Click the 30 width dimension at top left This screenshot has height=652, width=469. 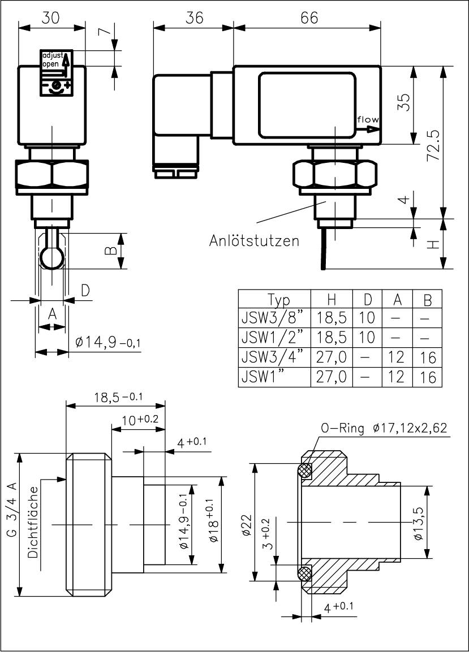pos(51,18)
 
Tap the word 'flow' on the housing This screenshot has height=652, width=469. pos(368,120)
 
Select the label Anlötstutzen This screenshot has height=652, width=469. pos(254,241)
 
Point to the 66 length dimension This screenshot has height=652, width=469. pos(308,18)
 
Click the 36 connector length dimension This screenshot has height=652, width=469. pos(194,18)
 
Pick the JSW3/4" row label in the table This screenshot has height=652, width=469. pos(273,357)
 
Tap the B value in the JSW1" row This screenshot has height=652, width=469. pos(429,377)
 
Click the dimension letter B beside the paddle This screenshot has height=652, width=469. pos(112,249)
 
